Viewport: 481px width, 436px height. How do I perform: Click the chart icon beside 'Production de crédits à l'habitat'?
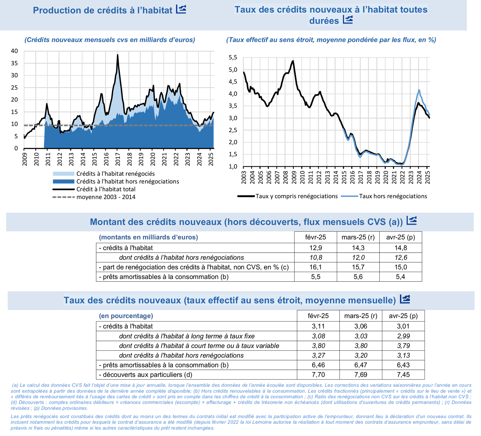click(181, 9)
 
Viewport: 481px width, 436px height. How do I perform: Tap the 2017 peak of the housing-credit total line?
click(118, 55)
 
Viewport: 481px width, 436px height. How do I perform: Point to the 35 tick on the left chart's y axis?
click(15, 63)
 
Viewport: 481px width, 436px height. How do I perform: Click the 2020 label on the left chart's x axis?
click(152, 159)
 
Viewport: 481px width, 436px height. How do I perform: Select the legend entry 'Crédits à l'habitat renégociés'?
click(115, 174)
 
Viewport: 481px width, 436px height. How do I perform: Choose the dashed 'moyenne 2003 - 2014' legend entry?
click(106, 197)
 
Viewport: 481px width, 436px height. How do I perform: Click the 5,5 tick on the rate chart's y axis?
click(233, 58)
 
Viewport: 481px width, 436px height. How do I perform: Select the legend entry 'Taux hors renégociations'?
click(393, 196)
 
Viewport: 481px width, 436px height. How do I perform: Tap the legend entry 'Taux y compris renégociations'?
click(296, 196)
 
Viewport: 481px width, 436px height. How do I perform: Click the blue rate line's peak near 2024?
click(419, 90)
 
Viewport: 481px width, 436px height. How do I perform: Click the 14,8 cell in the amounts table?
click(401, 248)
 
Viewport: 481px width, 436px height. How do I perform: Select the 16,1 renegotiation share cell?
click(316, 267)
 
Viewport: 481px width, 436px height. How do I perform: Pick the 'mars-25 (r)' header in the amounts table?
click(358, 237)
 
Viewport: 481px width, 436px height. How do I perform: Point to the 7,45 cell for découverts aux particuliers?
click(403, 375)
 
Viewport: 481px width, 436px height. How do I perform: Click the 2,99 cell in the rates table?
click(403, 336)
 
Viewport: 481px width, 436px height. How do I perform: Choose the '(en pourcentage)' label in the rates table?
click(126, 316)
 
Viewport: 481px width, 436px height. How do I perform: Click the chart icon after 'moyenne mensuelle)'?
click(405, 299)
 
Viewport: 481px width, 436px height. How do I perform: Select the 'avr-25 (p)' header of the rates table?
click(403, 316)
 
